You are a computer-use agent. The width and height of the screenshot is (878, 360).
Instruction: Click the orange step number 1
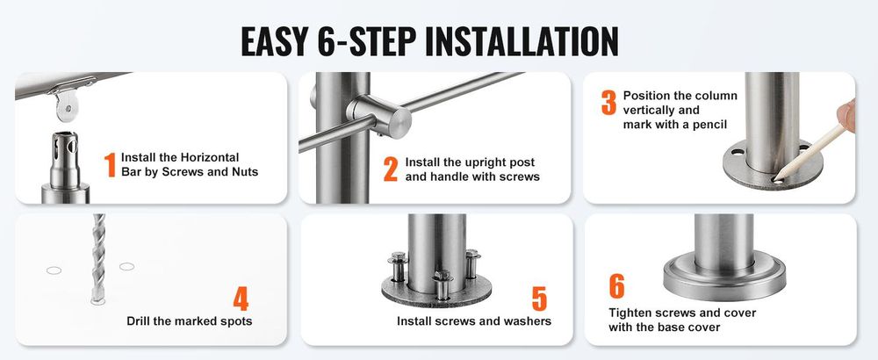pyautogui.click(x=110, y=164)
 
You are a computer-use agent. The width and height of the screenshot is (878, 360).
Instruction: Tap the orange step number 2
pyautogui.click(x=391, y=169)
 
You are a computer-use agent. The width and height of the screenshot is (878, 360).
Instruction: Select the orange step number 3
pyautogui.click(x=608, y=103)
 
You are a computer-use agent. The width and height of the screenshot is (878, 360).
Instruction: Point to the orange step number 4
pyautogui.click(x=241, y=299)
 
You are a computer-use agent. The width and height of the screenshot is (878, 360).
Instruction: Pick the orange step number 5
pyautogui.click(x=539, y=299)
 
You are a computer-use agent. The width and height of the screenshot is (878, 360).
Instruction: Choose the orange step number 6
pyautogui.click(x=616, y=286)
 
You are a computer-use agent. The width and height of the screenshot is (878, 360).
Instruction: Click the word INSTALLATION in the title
pyautogui.click(x=522, y=41)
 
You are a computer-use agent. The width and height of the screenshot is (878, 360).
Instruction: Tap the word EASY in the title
pyautogui.click(x=273, y=41)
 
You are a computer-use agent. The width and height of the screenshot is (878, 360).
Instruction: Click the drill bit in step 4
pyautogui.click(x=98, y=257)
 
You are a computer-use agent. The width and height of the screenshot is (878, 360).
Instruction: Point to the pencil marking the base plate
pyautogui.click(x=810, y=153)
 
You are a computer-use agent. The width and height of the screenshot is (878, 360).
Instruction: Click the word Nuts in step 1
pyautogui.click(x=245, y=172)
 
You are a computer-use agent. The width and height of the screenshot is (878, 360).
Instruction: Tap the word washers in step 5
pyautogui.click(x=528, y=320)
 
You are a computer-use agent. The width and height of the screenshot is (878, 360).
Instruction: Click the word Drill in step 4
pyautogui.click(x=140, y=320)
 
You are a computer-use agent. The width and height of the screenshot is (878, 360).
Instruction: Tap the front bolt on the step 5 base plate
pyautogui.click(x=442, y=284)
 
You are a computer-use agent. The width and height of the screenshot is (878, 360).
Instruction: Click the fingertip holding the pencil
pyautogui.click(x=847, y=115)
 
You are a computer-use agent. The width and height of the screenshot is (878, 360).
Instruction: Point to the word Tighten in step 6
pyautogui.click(x=631, y=313)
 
